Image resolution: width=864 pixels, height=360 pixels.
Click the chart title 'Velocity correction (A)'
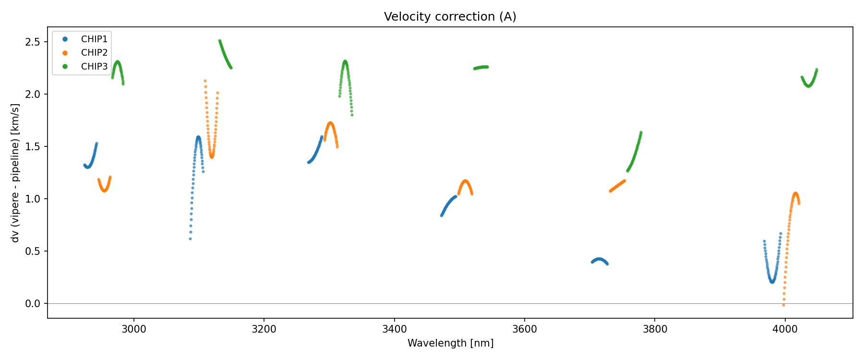point(450,17)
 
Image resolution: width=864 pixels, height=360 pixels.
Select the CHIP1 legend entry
point(94,39)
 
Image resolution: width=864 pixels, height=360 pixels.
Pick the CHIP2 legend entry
point(94,53)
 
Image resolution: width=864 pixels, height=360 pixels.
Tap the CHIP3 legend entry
point(94,67)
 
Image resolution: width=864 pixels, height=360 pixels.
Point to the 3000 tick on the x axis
point(133,329)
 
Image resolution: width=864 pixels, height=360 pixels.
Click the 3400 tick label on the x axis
point(394,329)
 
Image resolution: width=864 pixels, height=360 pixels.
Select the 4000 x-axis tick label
point(785,329)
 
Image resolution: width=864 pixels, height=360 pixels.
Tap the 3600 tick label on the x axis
point(524,329)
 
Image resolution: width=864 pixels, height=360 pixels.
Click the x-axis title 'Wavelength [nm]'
point(450,343)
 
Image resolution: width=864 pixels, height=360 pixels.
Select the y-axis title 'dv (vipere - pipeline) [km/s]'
point(15,173)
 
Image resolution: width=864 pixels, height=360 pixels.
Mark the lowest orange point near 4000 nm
point(783,305)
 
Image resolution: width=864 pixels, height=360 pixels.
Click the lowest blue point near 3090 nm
point(190,239)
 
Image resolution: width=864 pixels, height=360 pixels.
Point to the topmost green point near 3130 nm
point(219,41)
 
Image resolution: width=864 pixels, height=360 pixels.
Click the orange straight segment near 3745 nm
point(617,186)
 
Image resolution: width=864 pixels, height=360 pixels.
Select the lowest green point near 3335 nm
point(352,115)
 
